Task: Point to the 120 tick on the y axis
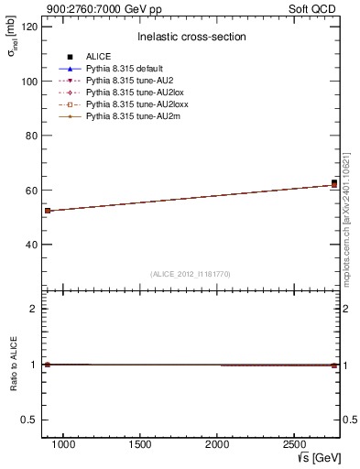click(27, 27)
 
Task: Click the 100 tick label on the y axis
click(27, 82)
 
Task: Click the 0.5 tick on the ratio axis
click(27, 420)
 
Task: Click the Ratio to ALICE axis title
click(13, 365)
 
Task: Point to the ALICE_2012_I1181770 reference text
click(191, 274)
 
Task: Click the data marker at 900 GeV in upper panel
click(48, 211)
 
